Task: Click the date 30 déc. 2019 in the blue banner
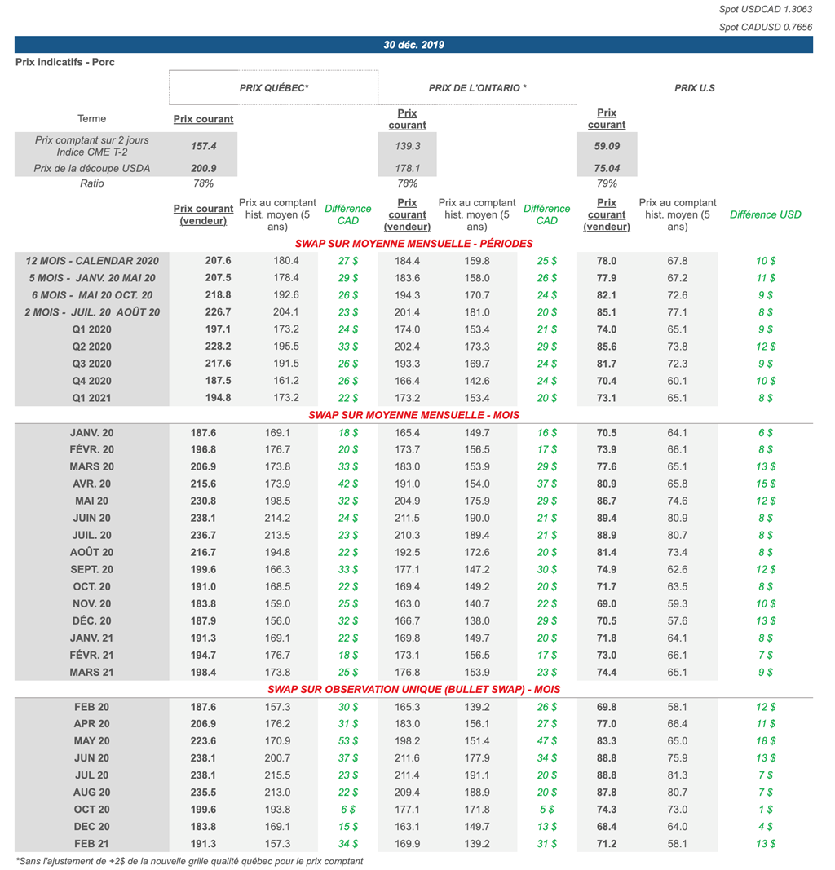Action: [x=413, y=45]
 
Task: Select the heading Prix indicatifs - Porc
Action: [x=65, y=62]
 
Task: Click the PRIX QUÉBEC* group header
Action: [x=274, y=87]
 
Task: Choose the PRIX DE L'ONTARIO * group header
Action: [x=478, y=87]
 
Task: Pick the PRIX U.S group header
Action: [x=695, y=87]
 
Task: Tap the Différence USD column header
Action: [x=765, y=214]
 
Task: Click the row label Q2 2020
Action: [x=91, y=347]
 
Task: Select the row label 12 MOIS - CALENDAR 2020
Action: [x=92, y=261]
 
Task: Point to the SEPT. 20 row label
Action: [x=91, y=570]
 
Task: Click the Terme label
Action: [x=91, y=119]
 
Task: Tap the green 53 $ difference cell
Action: [x=347, y=741]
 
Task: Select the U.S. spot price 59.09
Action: [x=607, y=147]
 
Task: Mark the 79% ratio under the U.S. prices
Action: [x=607, y=183]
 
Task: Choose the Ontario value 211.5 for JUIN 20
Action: [x=407, y=519]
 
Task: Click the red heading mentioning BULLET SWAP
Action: [x=413, y=690]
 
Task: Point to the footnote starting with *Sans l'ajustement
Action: [x=189, y=861]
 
